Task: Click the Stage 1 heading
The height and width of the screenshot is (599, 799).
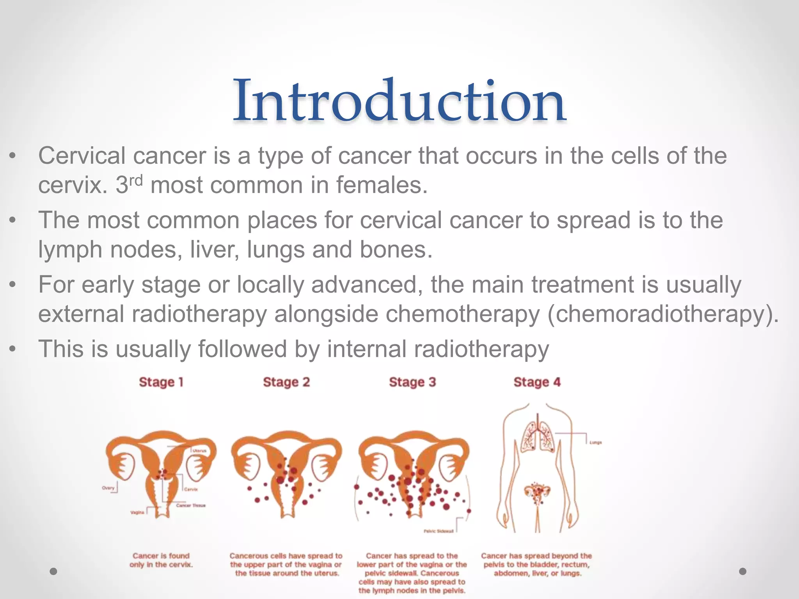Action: click(161, 382)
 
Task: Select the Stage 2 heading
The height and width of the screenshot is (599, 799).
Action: click(286, 382)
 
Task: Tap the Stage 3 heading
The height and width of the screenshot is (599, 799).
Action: click(412, 382)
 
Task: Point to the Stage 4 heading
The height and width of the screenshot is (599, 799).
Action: click(537, 382)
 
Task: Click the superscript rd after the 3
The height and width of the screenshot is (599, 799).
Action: click(136, 181)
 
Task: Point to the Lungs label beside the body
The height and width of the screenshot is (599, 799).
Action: click(595, 443)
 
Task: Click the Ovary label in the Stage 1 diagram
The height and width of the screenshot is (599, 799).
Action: click(108, 488)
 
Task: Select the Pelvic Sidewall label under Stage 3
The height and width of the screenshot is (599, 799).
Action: click(439, 531)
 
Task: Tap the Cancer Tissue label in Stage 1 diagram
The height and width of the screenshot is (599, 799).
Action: click(191, 505)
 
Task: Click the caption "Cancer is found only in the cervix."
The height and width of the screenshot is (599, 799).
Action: click(161, 560)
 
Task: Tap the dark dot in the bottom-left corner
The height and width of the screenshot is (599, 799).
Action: click(54, 571)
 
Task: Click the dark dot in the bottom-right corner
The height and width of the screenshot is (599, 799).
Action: click(743, 571)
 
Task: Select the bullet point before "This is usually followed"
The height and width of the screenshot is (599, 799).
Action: click(13, 349)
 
